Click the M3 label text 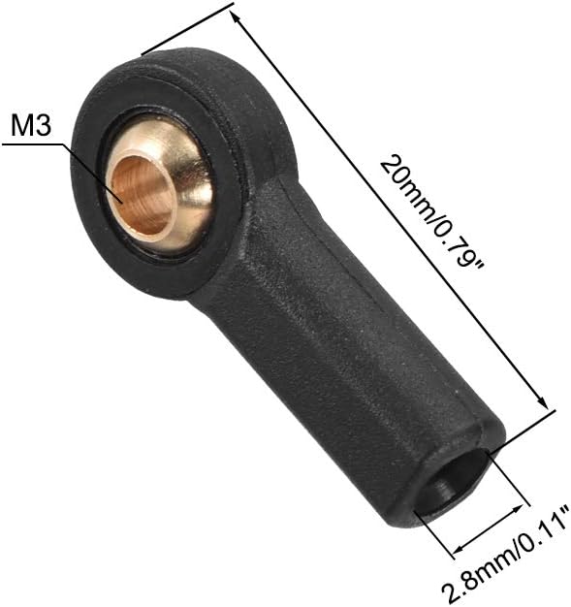point(31,125)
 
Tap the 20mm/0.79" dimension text point(430,211)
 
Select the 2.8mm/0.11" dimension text point(506,554)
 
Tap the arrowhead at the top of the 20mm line point(235,16)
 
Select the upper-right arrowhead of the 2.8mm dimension point(518,509)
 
